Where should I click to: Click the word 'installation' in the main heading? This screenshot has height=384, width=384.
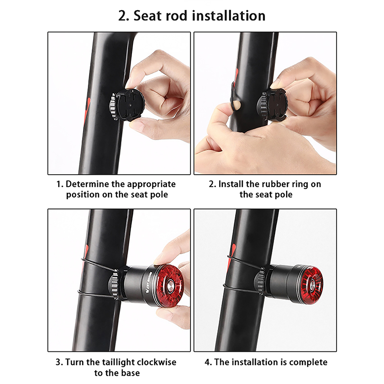(229, 16)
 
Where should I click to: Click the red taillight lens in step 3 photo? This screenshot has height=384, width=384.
(170, 285)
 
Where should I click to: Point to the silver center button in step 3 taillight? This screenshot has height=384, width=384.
(170, 286)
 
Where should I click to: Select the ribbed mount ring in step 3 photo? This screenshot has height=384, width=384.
(114, 284)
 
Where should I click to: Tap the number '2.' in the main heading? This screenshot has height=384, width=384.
(124, 16)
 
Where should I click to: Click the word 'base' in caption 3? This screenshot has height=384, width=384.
(130, 373)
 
